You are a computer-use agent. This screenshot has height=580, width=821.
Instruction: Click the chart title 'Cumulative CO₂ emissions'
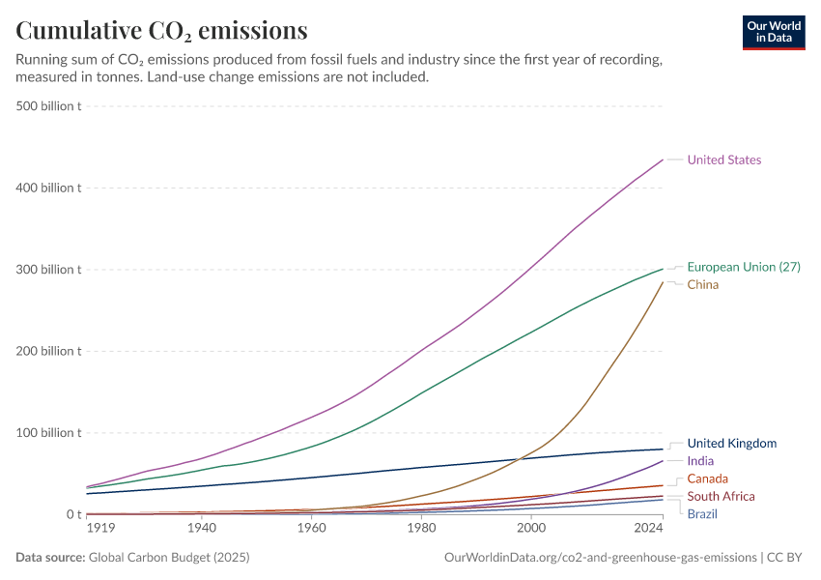(x=162, y=31)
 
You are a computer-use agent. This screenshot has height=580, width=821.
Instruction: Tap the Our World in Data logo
(x=773, y=32)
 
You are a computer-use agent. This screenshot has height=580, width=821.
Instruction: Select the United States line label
(x=723, y=160)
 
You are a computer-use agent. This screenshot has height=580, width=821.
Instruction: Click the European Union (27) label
(x=743, y=267)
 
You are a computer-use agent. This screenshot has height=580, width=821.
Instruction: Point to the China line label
(x=702, y=285)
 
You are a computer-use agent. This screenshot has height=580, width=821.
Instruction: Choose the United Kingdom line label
(x=731, y=444)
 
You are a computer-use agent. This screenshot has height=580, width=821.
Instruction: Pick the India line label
(x=700, y=461)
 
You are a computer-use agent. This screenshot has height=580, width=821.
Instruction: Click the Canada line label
(x=707, y=478)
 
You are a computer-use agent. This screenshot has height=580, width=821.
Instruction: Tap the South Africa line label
(x=721, y=496)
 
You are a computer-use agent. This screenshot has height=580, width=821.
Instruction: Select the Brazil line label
(x=702, y=513)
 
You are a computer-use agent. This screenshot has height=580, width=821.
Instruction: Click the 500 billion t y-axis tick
(x=47, y=105)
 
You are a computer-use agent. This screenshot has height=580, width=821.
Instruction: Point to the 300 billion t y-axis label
(x=47, y=269)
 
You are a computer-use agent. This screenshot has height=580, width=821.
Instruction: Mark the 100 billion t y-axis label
(x=47, y=432)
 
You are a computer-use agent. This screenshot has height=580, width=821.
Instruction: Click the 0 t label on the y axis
(x=72, y=514)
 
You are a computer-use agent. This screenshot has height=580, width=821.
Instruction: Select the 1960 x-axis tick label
(x=311, y=529)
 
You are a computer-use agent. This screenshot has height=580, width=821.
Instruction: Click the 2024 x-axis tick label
(x=649, y=529)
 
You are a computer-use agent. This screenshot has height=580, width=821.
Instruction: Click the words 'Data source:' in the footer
(x=49, y=558)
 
